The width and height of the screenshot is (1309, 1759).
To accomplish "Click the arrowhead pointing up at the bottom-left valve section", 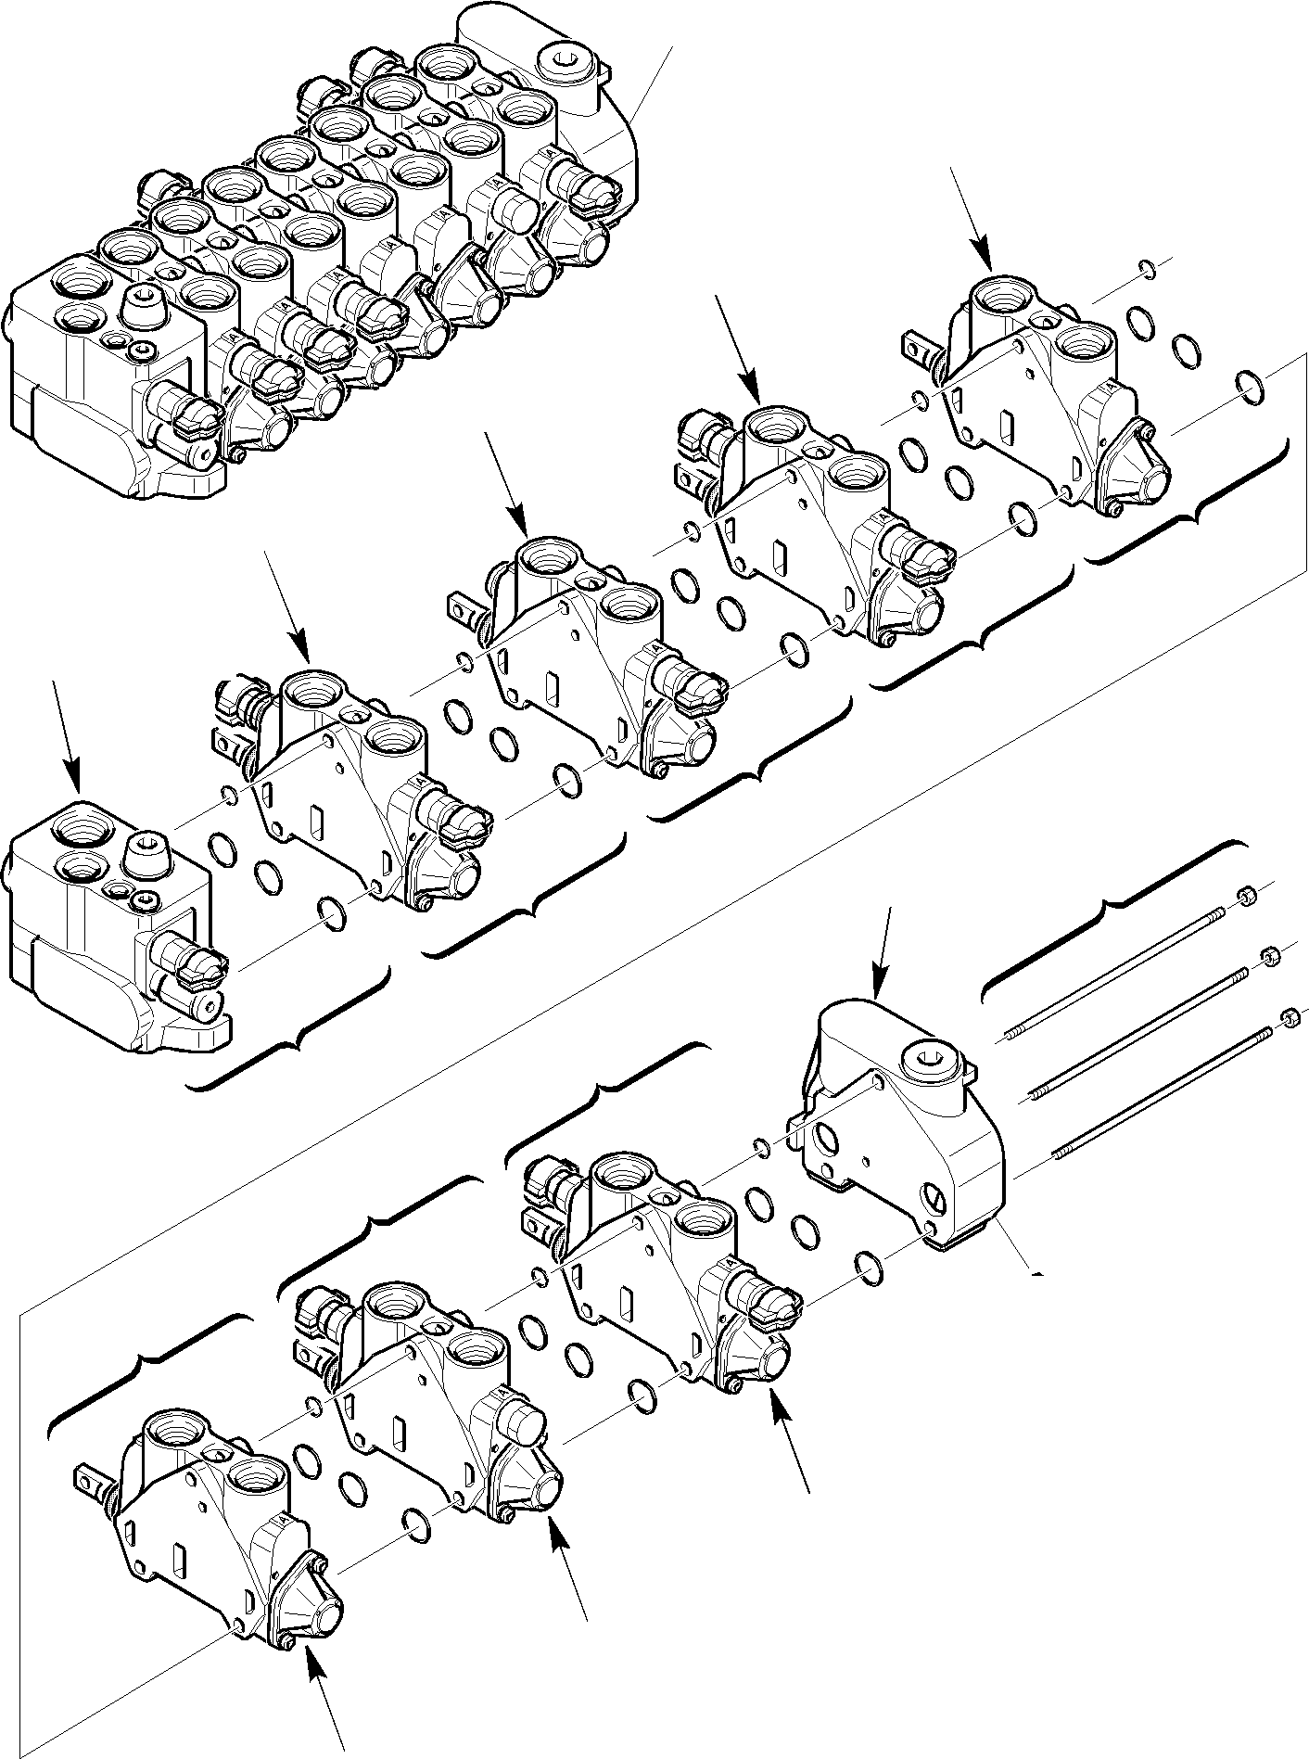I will (314, 1665).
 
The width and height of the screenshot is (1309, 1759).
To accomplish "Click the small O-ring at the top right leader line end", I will (1148, 269).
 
